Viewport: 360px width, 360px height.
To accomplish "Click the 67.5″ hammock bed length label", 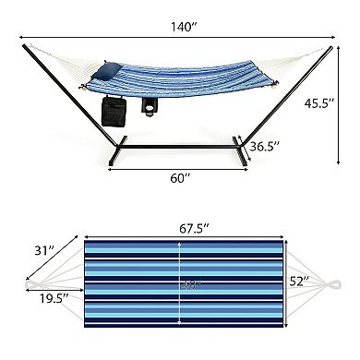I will pos(181,223).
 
